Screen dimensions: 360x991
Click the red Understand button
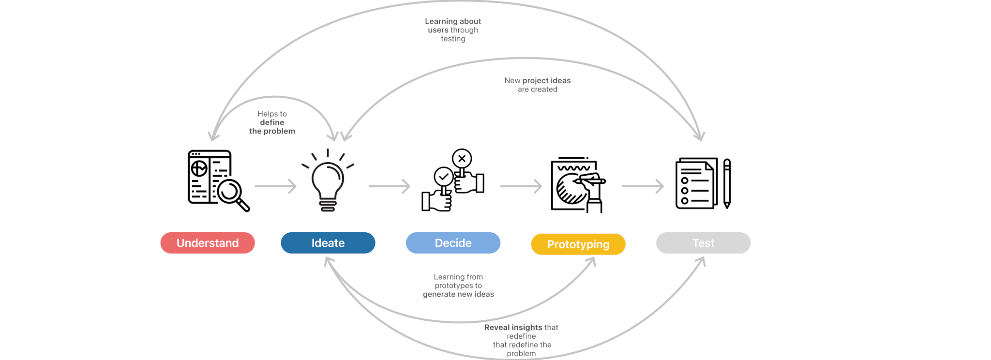click(x=208, y=243)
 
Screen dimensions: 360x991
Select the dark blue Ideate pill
click(x=328, y=243)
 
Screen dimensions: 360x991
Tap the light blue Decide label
click(x=453, y=243)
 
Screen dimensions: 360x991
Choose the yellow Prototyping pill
click(x=578, y=244)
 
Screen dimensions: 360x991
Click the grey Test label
click(x=703, y=243)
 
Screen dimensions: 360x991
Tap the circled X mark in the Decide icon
click(x=462, y=158)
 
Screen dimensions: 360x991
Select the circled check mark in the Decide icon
click(x=443, y=177)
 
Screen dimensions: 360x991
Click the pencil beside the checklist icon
click(x=727, y=184)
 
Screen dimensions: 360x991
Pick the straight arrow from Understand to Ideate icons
click(x=275, y=186)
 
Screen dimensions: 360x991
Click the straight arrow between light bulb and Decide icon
click(x=389, y=186)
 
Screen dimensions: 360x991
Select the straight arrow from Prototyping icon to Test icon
click(x=643, y=186)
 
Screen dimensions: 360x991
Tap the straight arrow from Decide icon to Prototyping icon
click(x=521, y=186)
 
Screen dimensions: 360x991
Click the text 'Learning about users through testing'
click(x=453, y=30)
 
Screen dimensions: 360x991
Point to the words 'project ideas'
click(x=546, y=81)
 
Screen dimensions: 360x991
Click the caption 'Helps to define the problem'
click(x=272, y=122)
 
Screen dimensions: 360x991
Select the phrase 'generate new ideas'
click(x=458, y=294)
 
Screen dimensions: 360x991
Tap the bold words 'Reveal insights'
click(x=513, y=328)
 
